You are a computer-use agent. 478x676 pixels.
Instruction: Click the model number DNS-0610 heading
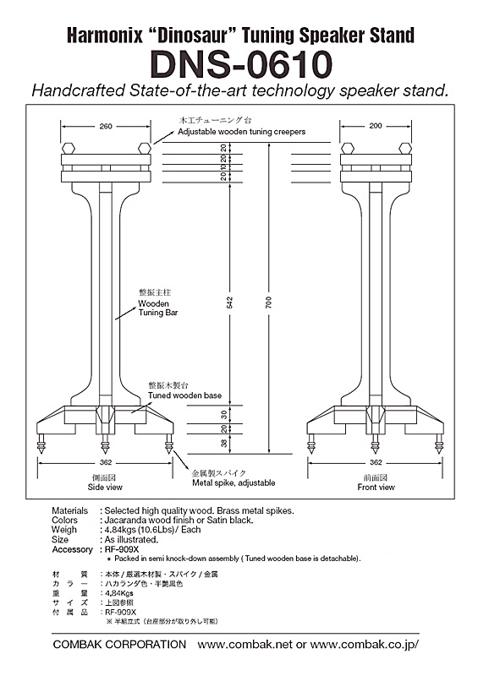241,64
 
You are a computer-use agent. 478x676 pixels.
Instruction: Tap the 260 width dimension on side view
106,126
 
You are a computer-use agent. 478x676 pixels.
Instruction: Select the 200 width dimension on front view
376,126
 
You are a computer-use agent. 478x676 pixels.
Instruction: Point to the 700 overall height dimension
269,303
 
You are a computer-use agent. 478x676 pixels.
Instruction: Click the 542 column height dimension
230,303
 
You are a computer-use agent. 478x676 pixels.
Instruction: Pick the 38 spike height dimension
224,443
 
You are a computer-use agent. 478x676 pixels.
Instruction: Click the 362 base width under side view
106,462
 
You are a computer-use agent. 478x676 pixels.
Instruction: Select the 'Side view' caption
105,488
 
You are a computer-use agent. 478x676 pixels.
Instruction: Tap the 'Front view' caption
376,488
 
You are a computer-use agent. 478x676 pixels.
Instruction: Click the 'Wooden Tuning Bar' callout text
158,308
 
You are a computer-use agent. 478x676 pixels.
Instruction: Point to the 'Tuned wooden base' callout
184,395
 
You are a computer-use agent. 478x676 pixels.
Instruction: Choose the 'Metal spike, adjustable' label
234,482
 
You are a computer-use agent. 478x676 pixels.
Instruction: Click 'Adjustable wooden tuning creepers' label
242,132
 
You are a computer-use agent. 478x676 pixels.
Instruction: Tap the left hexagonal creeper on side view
69,149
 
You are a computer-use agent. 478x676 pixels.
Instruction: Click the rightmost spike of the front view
439,444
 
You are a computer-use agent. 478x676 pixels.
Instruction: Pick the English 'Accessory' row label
72,549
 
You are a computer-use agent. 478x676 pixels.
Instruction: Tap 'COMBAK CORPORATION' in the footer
119,645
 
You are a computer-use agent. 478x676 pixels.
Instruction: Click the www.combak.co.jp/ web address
365,645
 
